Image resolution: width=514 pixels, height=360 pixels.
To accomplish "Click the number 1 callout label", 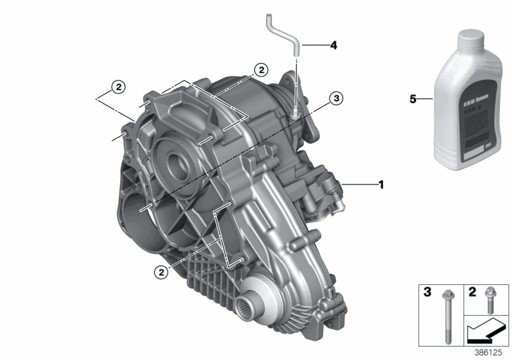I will coord(380,185).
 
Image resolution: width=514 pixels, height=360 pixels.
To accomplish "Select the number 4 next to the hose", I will coord(333,46).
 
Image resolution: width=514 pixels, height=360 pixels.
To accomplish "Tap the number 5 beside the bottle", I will coord(414,99).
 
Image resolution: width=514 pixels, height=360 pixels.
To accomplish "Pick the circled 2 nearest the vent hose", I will coord(260,69).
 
